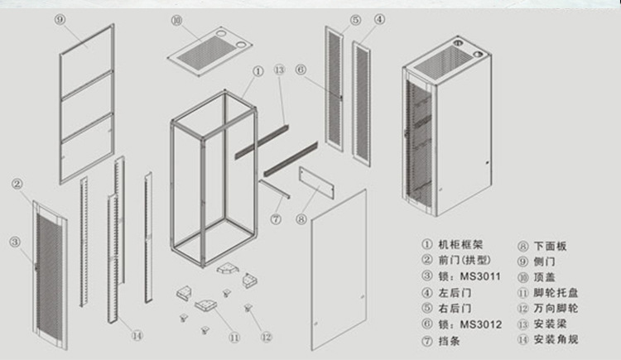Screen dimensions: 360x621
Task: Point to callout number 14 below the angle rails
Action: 137,335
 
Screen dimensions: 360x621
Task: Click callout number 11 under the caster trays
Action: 235,337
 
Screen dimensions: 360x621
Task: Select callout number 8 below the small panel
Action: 301,219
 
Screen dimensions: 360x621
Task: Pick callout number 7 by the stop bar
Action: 277,218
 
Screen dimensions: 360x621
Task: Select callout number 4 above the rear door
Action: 379,18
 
